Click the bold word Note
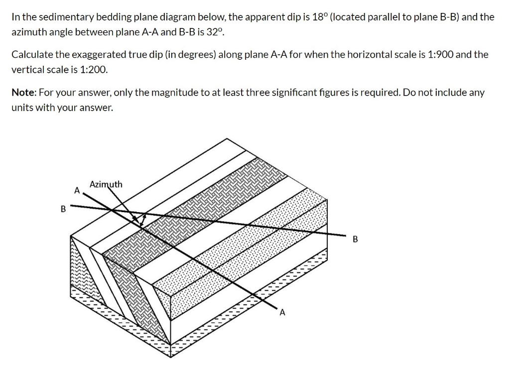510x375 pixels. click(x=23, y=93)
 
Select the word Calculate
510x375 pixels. click(x=31, y=54)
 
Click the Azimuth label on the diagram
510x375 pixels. click(x=106, y=185)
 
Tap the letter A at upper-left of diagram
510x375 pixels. click(x=77, y=190)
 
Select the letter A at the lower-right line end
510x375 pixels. click(x=282, y=313)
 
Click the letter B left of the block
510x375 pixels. click(x=63, y=209)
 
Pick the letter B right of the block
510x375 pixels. click(x=355, y=239)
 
